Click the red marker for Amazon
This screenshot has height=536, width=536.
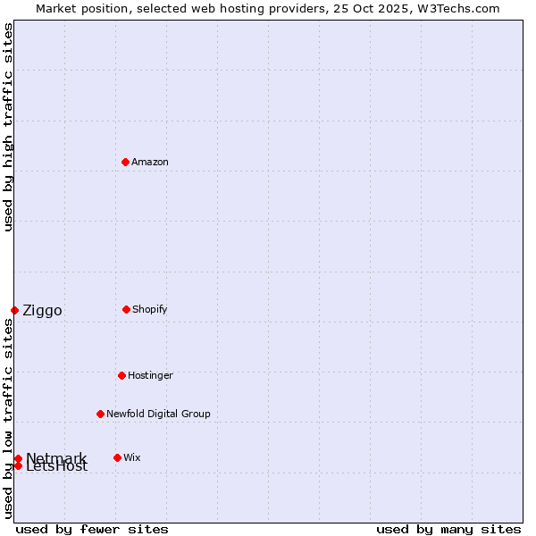point(125,162)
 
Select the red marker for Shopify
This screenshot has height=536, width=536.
point(126,309)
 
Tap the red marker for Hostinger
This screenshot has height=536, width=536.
point(121,375)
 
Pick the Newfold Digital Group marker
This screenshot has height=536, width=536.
point(100,414)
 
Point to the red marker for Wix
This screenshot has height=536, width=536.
point(117,457)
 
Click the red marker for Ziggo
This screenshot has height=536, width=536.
point(14,310)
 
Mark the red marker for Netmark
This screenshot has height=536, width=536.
point(18,458)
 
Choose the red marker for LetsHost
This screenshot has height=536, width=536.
point(18,465)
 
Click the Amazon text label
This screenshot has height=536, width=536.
point(150,162)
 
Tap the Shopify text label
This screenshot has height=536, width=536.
point(150,309)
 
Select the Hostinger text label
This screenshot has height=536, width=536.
point(150,375)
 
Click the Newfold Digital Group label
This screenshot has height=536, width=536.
point(158,414)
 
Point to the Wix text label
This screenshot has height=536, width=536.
point(132,457)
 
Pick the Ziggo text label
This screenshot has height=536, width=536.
point(42,311)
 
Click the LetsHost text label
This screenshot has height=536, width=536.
point(57,467)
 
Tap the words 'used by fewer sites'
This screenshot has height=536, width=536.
point(92,529)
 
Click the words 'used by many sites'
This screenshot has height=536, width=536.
point(448,529)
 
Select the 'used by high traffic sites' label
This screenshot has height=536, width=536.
point(8,127)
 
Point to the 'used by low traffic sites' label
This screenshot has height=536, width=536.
point(8,418)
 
